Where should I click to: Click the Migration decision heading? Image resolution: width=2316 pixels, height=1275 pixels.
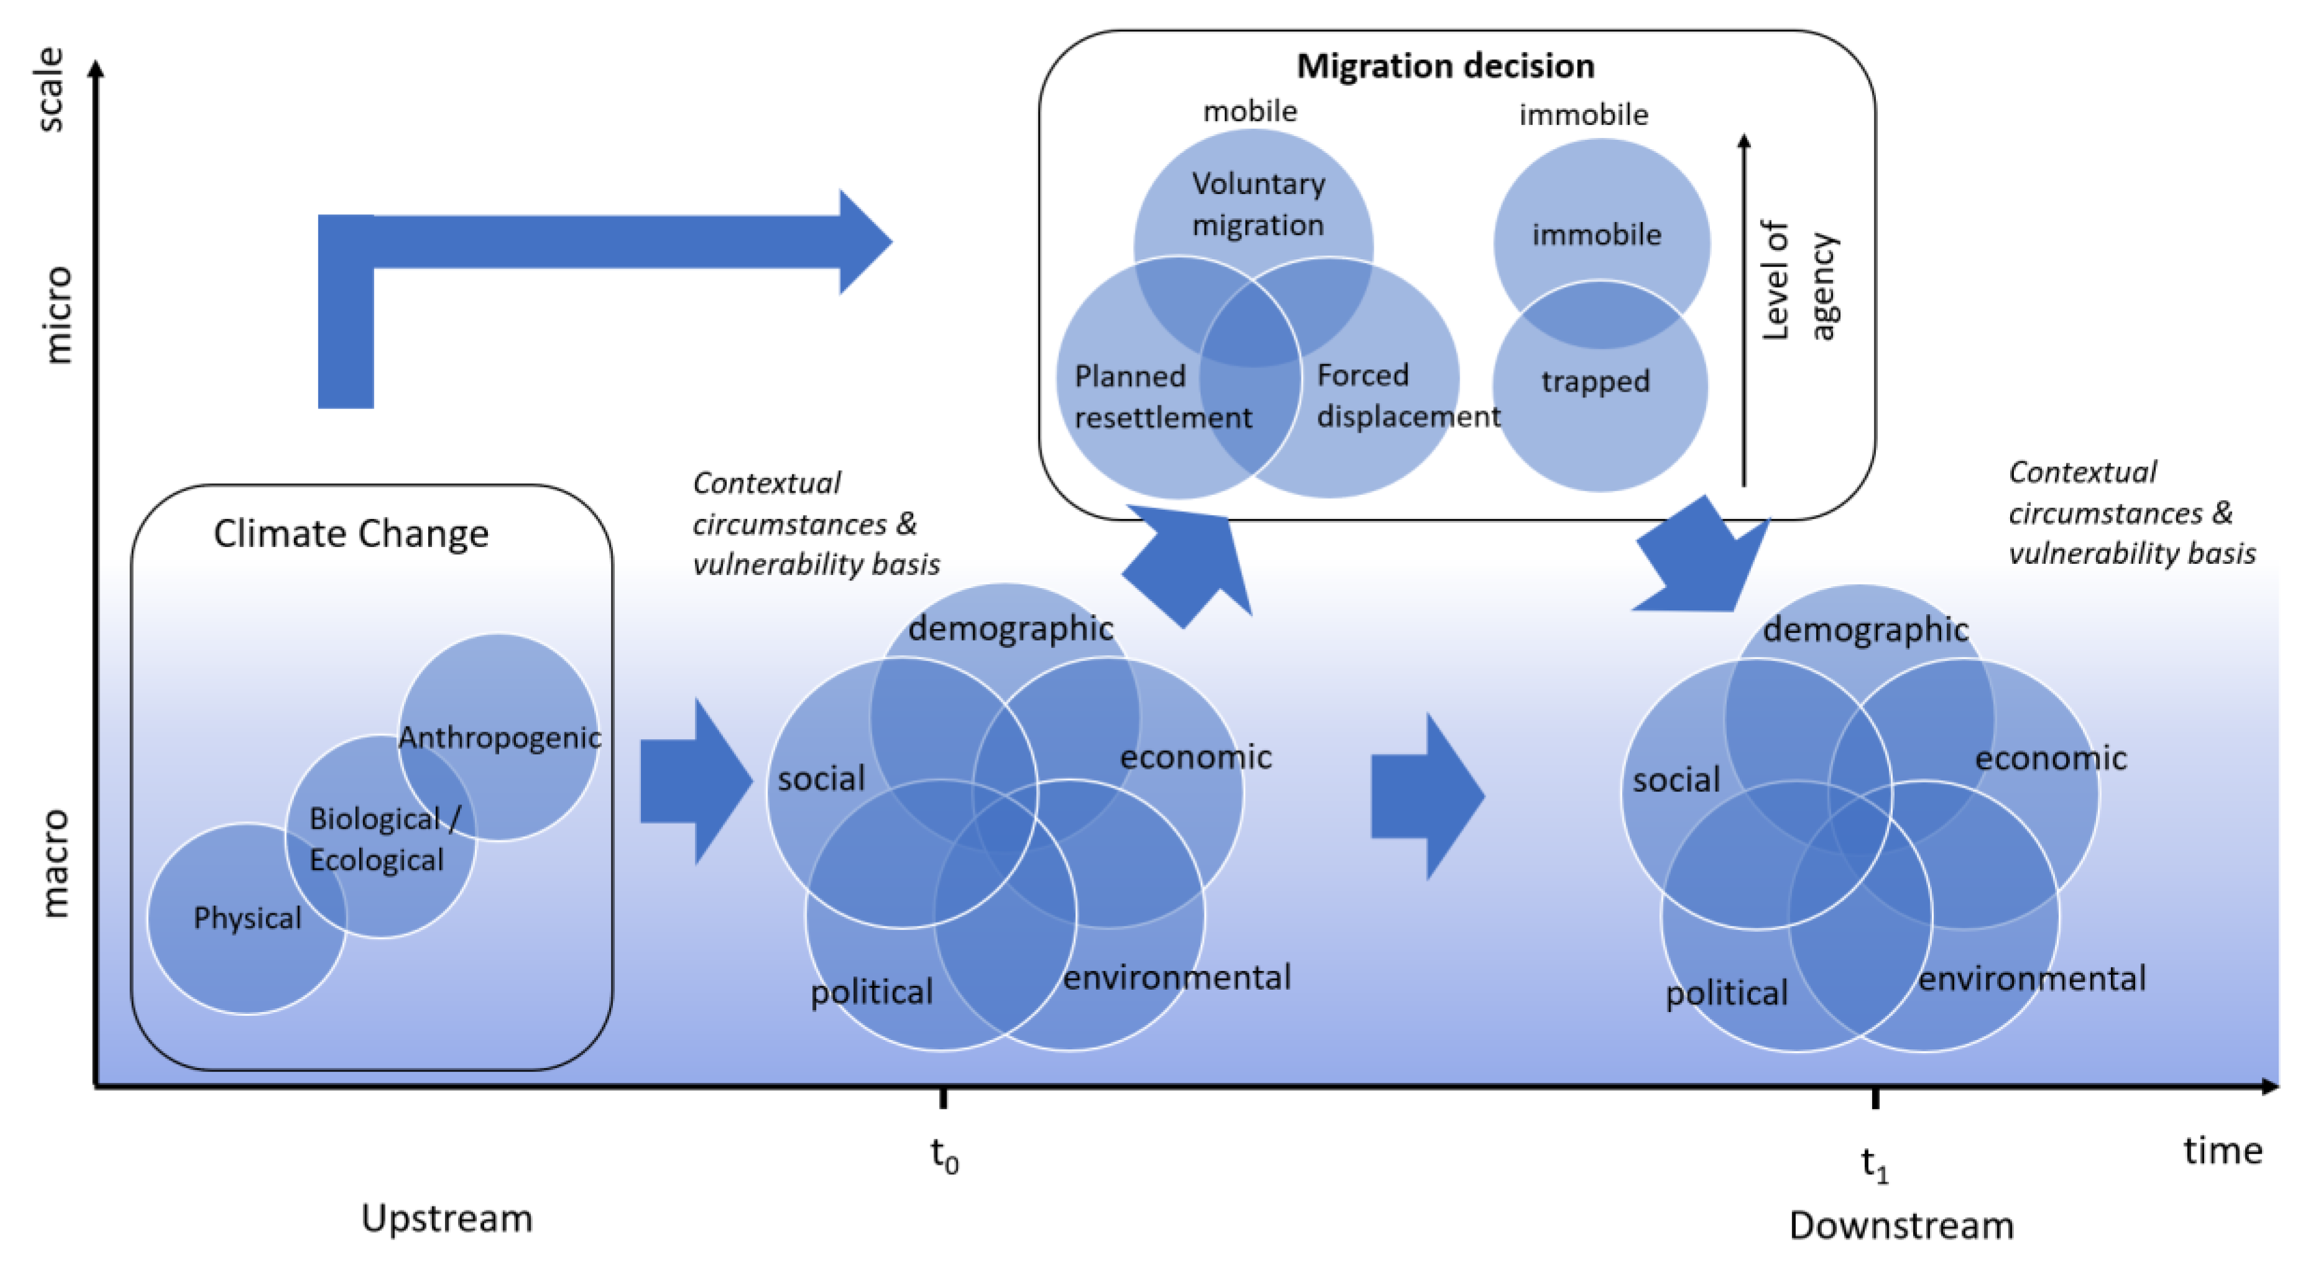coord(1445,67)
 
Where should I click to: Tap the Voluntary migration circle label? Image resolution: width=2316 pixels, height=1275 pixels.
coord(1258,204)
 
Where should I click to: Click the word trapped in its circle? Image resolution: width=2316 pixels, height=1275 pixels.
coord(1595,381)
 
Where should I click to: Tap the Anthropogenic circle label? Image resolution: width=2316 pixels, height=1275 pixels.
coord(500,737)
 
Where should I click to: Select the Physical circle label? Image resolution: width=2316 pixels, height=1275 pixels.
coord(247,918)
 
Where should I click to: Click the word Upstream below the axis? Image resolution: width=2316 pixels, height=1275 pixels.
coord(447,1218)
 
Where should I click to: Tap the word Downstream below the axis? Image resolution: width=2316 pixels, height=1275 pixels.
coord(1901,1225)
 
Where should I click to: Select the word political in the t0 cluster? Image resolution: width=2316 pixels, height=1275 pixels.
coord(871,992)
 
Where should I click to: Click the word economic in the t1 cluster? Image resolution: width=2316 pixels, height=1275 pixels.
coord(2050,758)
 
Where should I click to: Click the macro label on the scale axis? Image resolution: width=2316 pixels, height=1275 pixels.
coord(54,863)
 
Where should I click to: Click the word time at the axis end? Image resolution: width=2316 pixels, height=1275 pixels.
coord(2223,1150)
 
